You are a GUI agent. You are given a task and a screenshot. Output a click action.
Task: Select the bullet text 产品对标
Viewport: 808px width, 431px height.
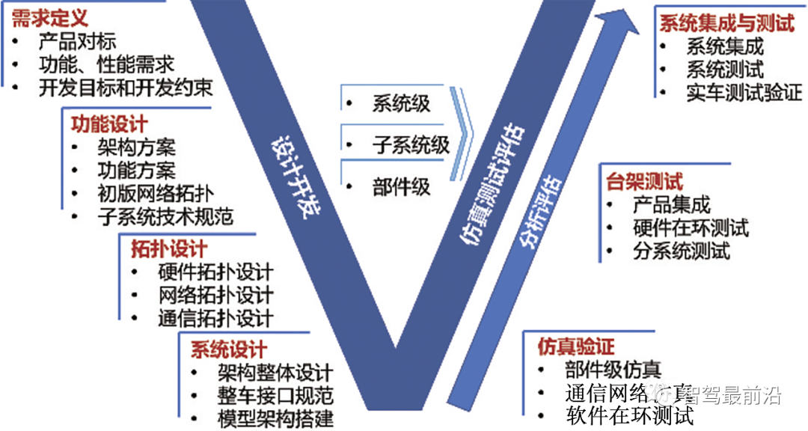coord(77,42)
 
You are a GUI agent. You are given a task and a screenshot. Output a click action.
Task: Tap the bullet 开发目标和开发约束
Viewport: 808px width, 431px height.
coord(125,87)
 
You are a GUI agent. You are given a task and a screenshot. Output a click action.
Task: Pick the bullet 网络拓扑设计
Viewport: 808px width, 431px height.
coord(215,294)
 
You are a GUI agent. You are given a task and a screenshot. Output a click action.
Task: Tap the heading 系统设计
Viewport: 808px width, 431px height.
coord(228,349)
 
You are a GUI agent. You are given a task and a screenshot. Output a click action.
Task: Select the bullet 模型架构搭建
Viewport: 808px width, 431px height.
coord(275,418)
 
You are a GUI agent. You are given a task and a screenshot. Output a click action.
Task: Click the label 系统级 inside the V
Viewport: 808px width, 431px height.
coord(401,103)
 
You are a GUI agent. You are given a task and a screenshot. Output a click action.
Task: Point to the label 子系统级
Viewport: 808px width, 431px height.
coord(411,144)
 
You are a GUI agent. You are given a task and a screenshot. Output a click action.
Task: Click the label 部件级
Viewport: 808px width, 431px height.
coord(401,186)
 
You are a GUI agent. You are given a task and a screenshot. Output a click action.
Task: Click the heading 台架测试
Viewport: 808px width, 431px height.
coord(644,181)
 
